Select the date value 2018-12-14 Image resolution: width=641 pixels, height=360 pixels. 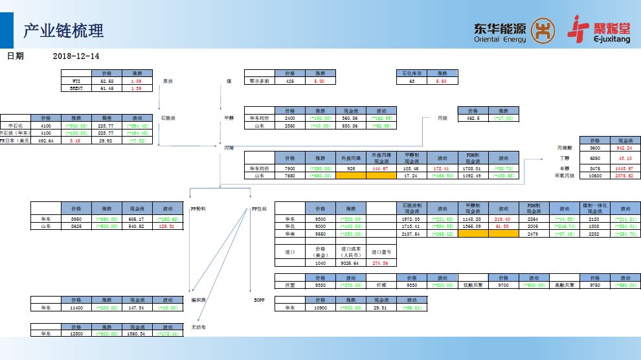pyautogui.click(x=76, y=56)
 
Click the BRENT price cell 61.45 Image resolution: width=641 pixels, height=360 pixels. pyautogui.click(x=106, y=89)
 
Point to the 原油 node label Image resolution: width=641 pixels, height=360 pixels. pyautogui.click(x=168, y=82)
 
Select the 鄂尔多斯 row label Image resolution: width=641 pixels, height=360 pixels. pyautogui.click(x=260, y=82)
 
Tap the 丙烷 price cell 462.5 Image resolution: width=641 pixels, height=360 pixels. pyautogui.click(x=473, y=118)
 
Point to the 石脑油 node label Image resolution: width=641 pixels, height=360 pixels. pyautogui.click(x=168, y=118)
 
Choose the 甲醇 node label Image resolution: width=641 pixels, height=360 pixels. pyautogui.click(x=228, y=118)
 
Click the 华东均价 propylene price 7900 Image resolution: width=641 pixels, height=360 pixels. pyautogui.click(x=289, y=168)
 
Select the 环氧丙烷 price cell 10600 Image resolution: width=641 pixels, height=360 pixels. pyautogui.click(x=595, y=176)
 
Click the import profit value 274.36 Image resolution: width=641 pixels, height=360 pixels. pyautogui.click(x=380, y=263)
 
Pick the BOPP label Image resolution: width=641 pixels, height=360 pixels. pyautogui.click(x=259, y=300)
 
